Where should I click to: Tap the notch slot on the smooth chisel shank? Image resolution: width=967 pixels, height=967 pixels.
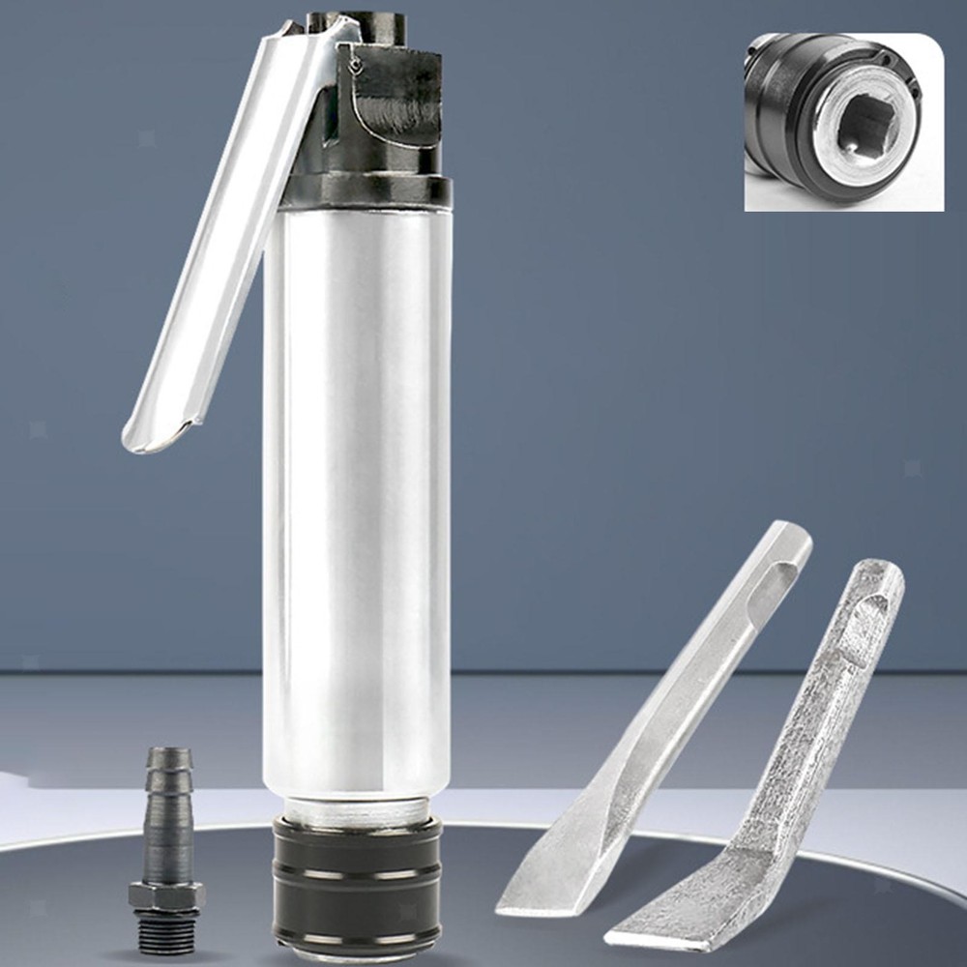pos(779,580)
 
